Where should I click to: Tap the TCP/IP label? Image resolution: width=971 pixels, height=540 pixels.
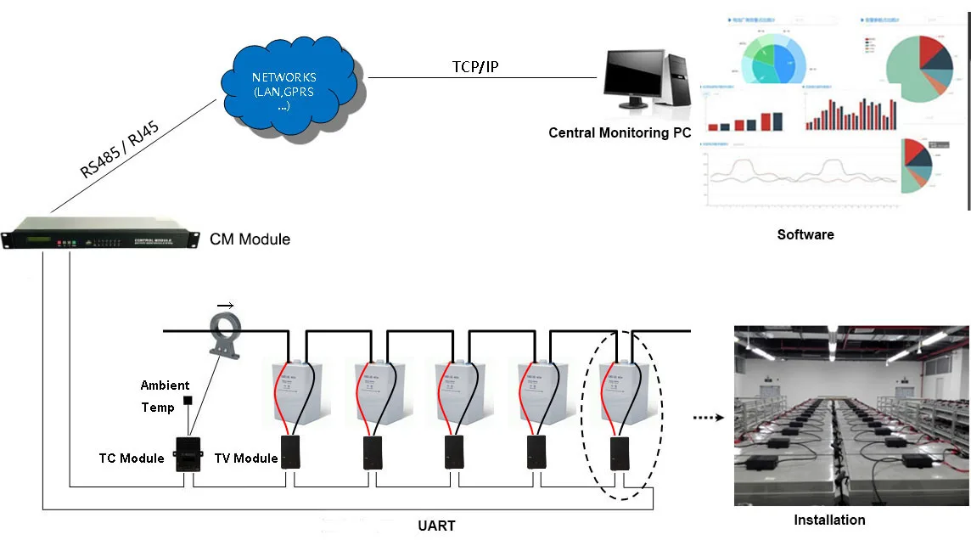[475, 66]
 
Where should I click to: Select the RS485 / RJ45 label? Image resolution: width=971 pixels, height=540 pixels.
[120, 149]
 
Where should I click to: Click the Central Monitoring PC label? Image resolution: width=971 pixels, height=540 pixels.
[620, 132]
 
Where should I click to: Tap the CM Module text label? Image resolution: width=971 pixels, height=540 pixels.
[250, 239]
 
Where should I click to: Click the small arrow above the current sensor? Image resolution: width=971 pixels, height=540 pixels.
[225, 304]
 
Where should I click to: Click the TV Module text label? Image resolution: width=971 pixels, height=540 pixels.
[246, 458]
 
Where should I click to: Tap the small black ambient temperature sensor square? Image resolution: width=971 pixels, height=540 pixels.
[189, 400]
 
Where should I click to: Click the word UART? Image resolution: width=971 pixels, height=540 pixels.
[436, 526]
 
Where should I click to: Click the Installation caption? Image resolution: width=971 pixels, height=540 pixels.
[829, 520]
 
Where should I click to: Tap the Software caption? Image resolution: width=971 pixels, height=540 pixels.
[805, 234]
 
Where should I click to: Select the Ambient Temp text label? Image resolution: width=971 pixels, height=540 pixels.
[165, 396]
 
